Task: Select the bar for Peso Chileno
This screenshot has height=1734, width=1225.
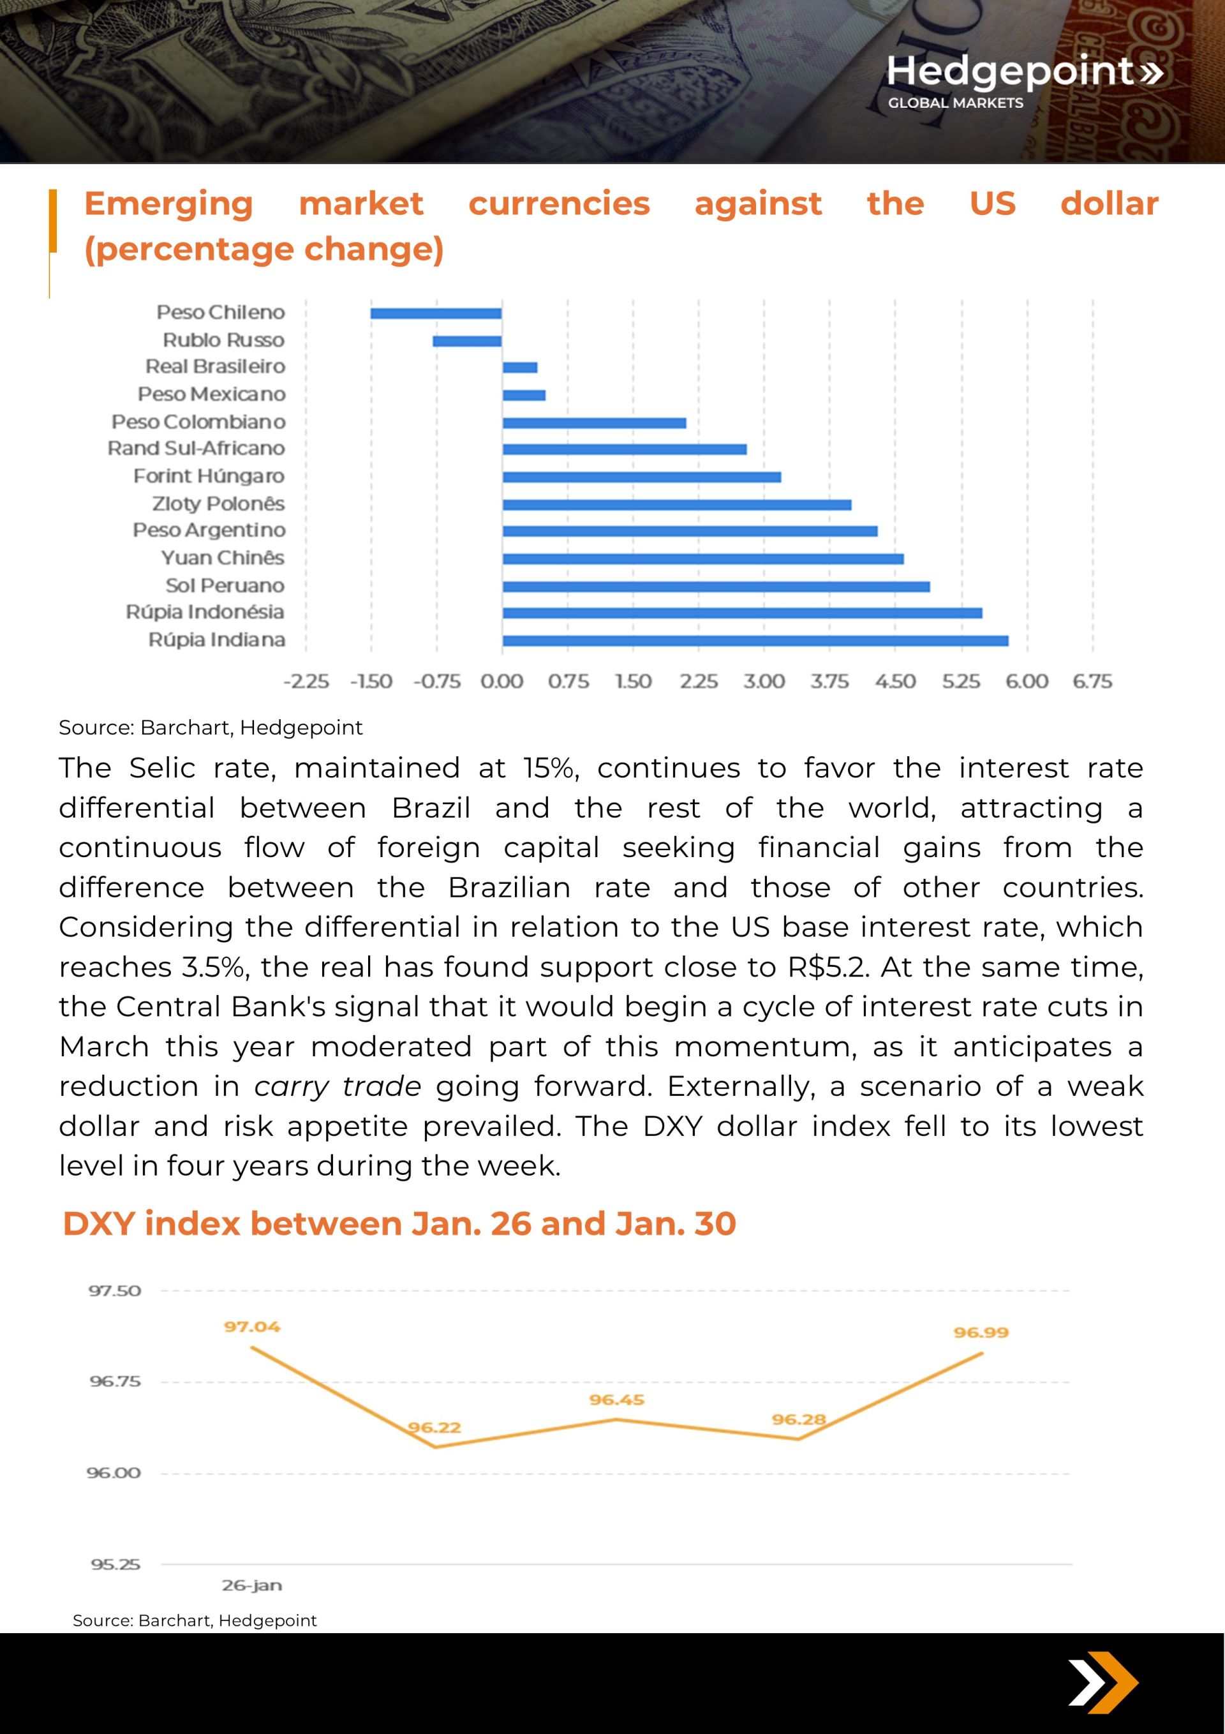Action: pos(436,313)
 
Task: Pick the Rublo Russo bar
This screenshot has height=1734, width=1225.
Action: pos(467,341)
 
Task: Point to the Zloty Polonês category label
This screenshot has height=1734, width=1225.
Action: pos(218,504)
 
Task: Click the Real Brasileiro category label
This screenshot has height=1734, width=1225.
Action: pos(215,367)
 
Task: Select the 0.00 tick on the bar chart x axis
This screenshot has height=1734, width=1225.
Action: pos(501,682)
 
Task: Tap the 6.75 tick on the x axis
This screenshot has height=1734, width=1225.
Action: pos(1092,682)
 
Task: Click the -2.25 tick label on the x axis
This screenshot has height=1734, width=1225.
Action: pos(306,682)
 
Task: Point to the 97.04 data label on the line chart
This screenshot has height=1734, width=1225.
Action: pos(251,1327)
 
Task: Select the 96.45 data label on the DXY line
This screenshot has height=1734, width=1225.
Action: pos(616,1400)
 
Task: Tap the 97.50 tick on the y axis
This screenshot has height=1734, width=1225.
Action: pos(115,1290)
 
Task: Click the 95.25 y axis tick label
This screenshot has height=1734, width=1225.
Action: pos(115,1565)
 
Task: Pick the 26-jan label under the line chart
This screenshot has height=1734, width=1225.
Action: pos(251,1586)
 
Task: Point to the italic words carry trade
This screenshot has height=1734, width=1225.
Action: pos(338,1087)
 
